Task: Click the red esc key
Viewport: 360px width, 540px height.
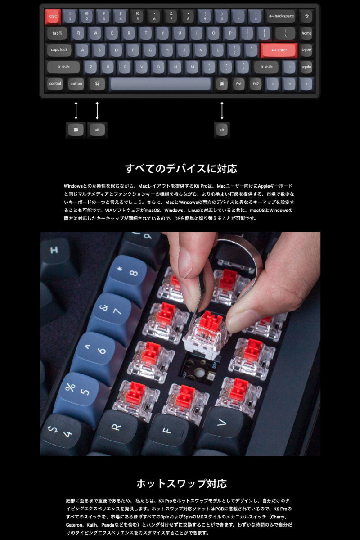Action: tap(53, 16)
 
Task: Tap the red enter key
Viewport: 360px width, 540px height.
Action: tap(279, 50)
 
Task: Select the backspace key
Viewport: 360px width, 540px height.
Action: tap(281, 16)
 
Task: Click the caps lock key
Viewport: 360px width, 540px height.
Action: tap(59, 50)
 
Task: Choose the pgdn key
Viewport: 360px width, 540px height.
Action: tap(306, 67)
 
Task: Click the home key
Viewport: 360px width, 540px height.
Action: tap(306, 33)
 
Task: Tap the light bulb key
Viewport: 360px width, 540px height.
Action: tap(306, 16)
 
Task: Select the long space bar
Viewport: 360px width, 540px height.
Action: tap(161, 84)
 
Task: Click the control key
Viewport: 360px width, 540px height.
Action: tap(55, 84)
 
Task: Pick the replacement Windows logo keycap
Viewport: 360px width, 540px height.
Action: tap(76, 130)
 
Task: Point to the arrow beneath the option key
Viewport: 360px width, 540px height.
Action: tap(76, 110)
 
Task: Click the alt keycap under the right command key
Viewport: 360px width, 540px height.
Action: tap(222, 130)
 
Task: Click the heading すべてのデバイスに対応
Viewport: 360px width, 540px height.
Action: tap(180, 169)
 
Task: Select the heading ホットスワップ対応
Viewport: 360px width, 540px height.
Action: tap(181, 484)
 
